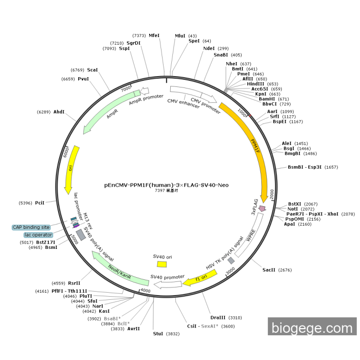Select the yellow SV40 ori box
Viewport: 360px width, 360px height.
pyautogui.click(x=162, y=264)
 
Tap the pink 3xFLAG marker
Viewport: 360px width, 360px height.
pyautogui.click(x=262, y=208)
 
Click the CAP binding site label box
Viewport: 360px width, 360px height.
pyautogui.click(x=31, y=227)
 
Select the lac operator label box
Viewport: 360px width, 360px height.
pyautogui.click(x=38, y=235)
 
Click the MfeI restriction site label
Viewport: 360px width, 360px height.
pyautogui.click(x=154, y=35)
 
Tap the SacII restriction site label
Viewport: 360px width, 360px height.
pyautogui.click(x=269, y=269)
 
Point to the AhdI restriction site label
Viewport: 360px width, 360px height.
pyautogui.click(x=59, y=112)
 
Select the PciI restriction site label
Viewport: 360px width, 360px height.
pyautogui.click(x=40, y=203)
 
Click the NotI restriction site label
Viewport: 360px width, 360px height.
pyautogui.click(x=293, y=209)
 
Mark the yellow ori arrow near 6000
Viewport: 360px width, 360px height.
pyautogui.click(x=71, y=170)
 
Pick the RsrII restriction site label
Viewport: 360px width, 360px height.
pyautogui.click(x=74, y=283)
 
